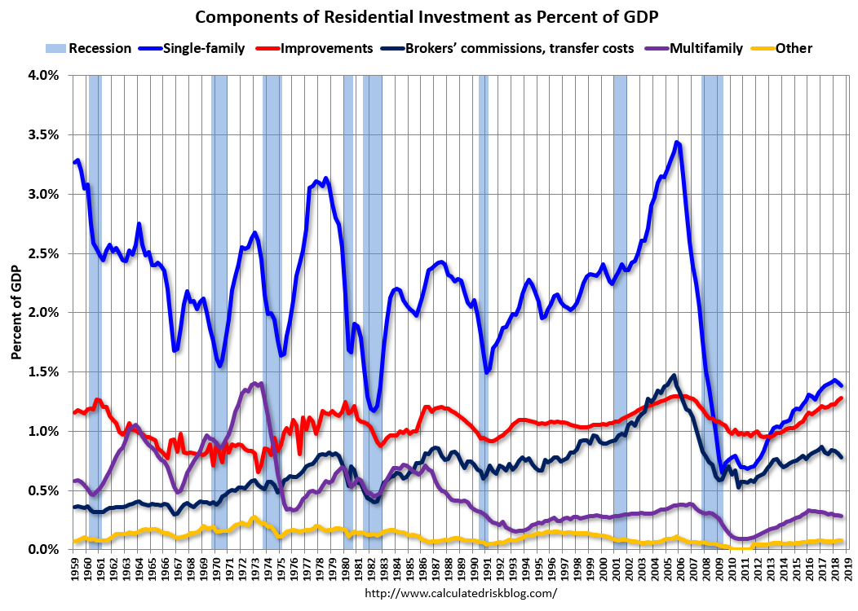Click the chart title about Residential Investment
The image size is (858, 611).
428,17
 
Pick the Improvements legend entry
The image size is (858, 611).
326,48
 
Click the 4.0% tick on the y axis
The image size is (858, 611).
43,75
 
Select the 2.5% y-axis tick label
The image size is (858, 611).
43,253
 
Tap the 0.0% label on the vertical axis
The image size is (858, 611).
43,550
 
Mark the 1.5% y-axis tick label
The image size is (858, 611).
43,372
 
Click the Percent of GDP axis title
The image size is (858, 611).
16,312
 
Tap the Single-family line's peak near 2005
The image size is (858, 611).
677,143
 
